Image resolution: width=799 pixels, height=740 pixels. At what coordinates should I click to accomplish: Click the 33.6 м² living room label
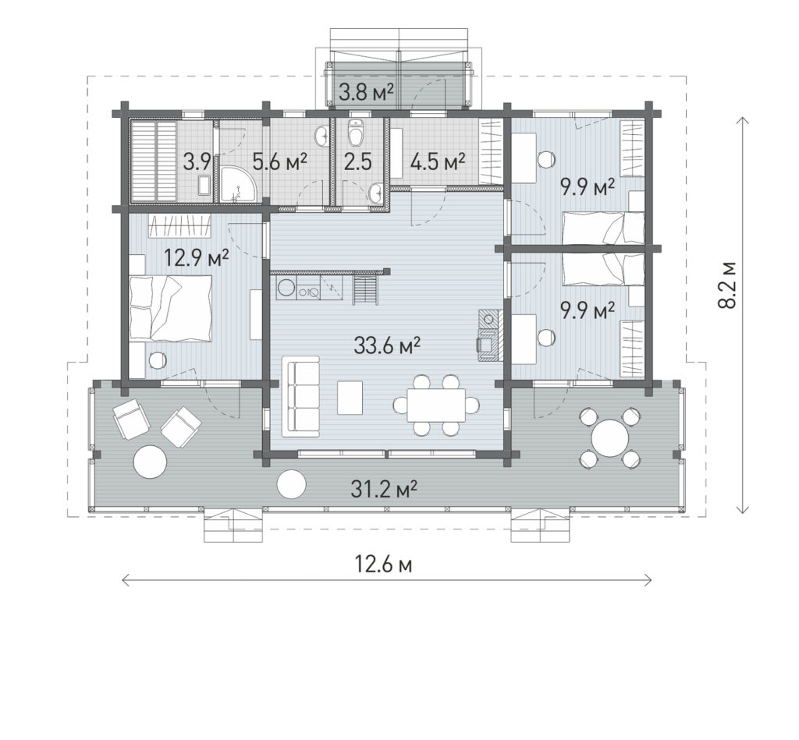click(387, 345)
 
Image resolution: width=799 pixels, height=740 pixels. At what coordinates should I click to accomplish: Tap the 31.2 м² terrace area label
click(384, 490)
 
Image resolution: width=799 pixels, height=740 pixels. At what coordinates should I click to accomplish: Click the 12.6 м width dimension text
click(383, 565)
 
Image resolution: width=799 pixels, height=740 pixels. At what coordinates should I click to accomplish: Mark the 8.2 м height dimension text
click(726, 285)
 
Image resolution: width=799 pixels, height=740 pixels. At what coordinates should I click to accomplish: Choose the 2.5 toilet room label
click(357, 162)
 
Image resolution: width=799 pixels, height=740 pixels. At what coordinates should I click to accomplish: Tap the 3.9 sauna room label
click(197, 162)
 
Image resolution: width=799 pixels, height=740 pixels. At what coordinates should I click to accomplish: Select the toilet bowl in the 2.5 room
click(356, 134)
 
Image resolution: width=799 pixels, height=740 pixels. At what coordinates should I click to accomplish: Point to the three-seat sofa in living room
click(301, 396)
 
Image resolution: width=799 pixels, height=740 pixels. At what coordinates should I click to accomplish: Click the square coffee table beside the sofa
click(350, 398)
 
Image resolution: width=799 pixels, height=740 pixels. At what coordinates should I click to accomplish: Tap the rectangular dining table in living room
click(436, 405)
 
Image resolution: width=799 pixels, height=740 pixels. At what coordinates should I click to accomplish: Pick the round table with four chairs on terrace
click(609, 437)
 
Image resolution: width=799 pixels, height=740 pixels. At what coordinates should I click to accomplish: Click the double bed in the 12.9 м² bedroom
click(170, 308)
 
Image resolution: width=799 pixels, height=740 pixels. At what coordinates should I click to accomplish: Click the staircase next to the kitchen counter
click(365, 289)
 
